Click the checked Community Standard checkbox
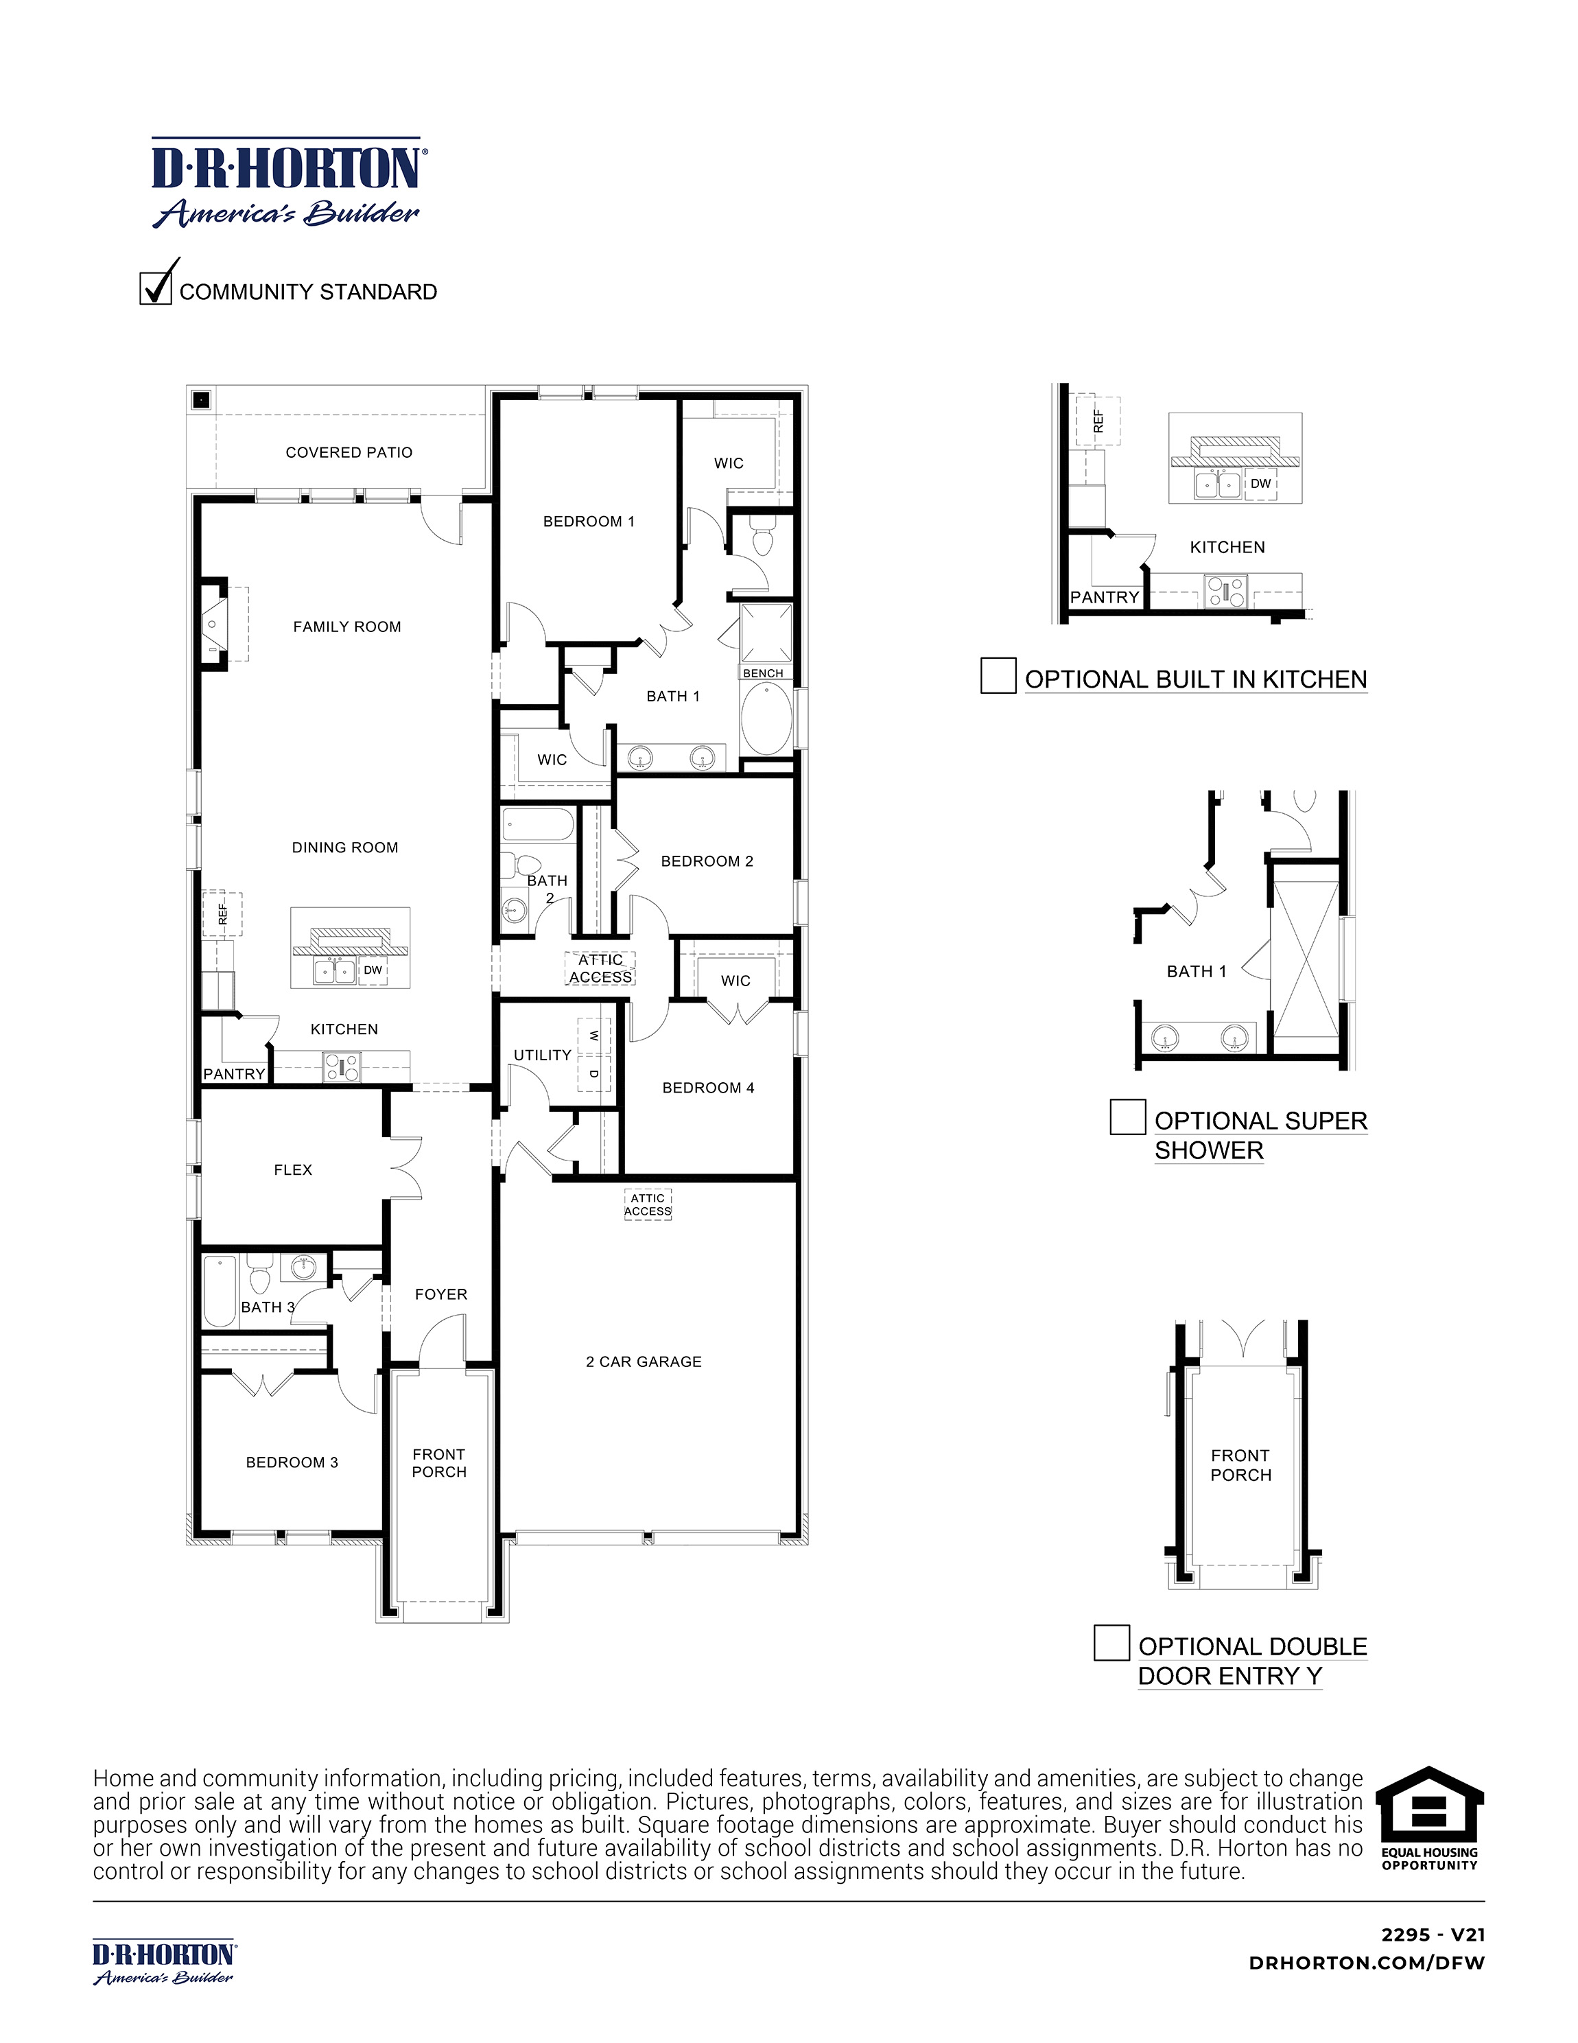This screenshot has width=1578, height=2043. click(x=155, y=288)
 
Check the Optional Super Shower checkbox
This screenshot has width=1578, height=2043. click(x=1127, y=1117)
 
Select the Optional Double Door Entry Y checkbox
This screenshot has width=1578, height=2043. click(x=1111, y=1643)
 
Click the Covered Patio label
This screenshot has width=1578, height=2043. click(x=349, y=453)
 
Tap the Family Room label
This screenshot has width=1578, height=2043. click(x=347, y=627)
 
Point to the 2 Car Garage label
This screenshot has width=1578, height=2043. click(x=644, y=1362)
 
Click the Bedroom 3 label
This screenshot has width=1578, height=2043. click(x=292, y=1462)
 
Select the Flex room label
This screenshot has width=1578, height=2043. click(x=293, y=1170)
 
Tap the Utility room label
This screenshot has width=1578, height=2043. click(x=543, y=1055)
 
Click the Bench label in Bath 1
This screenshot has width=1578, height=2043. click(x=764, y=673)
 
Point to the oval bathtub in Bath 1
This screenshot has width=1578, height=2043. click(x=766, y=719)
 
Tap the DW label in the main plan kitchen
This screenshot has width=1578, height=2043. click(x=373, y=970)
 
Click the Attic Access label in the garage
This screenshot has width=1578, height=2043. click(x=647, y=1205)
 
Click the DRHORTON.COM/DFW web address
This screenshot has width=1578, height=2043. click(x=1367, y=1963)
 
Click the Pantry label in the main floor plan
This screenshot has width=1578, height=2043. click(x=234, y=1074)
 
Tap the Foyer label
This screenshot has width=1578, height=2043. click(x=440, y=1295)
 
